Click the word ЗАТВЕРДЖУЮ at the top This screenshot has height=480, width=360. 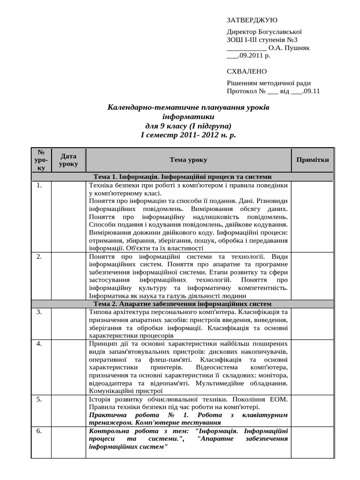[x=252, y=20]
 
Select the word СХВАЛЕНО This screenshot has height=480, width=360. [x=247, y=71]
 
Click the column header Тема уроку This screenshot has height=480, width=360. [x=188, y=160]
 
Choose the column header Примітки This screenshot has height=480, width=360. [x=313, y=160]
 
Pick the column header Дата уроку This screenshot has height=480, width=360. [x=68, y=160]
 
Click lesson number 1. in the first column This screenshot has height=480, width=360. [x=40, y=185]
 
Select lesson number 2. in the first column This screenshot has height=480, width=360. [x=40, y=257]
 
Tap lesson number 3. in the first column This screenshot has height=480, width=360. [x=40, y=312]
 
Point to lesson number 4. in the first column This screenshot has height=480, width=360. [x=40, y=344]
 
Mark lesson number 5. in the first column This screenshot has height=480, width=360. [x=40, y=399]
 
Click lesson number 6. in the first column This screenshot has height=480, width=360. [x=40, y=431]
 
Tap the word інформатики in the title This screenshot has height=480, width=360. [x=188, y=116]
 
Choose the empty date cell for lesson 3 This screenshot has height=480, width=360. [x=68, y=323]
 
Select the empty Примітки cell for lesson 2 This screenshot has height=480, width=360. [x=313, y=276]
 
